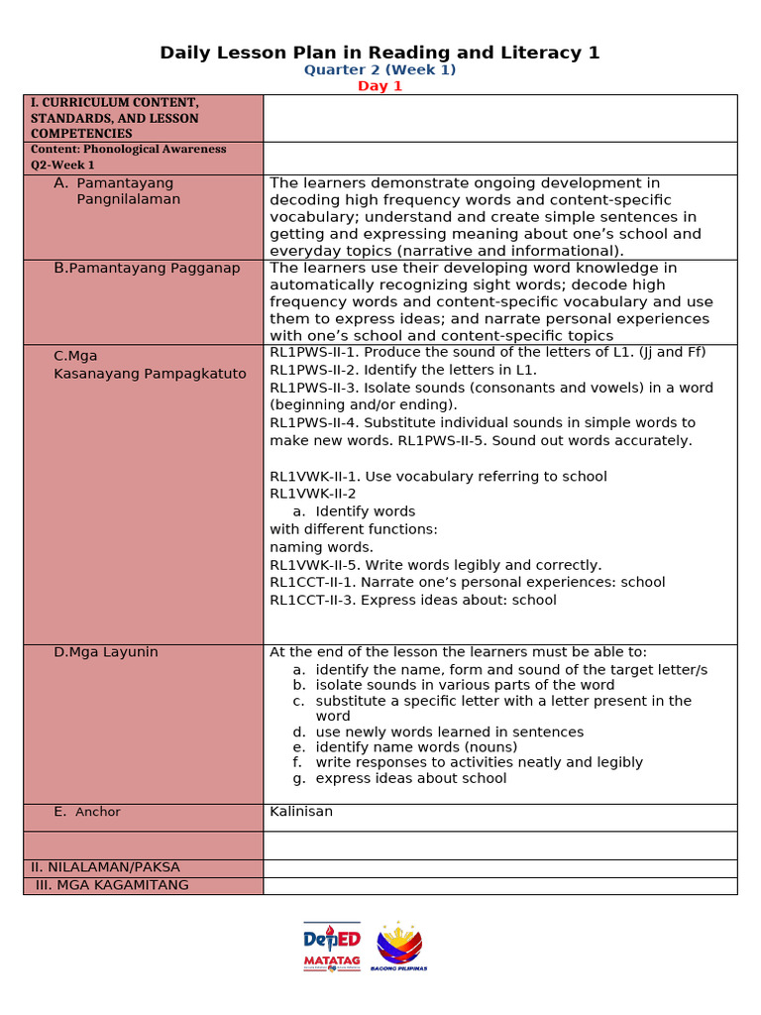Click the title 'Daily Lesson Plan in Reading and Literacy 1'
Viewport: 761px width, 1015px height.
[380, 53]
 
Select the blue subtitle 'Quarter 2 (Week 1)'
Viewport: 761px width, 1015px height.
[380, 70]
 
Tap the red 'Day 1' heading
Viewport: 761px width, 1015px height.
[380, 86]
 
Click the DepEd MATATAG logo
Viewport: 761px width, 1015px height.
[332, 947]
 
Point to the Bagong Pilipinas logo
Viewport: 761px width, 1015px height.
[399, 946]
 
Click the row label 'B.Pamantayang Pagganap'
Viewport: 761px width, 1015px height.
[147, 269]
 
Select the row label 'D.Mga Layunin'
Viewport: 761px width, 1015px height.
[106, 652]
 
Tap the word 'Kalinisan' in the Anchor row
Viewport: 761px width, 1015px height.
[301, 812]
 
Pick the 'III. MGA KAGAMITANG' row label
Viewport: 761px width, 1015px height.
[112, 885]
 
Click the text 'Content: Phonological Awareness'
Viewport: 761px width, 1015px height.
[128, 150]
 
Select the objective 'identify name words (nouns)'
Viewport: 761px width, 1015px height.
[416, 747]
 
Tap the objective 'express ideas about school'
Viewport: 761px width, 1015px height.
[410, 778]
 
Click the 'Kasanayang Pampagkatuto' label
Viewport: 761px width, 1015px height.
[150, 374]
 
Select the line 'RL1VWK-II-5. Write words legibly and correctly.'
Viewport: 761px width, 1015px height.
[435, 565]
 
